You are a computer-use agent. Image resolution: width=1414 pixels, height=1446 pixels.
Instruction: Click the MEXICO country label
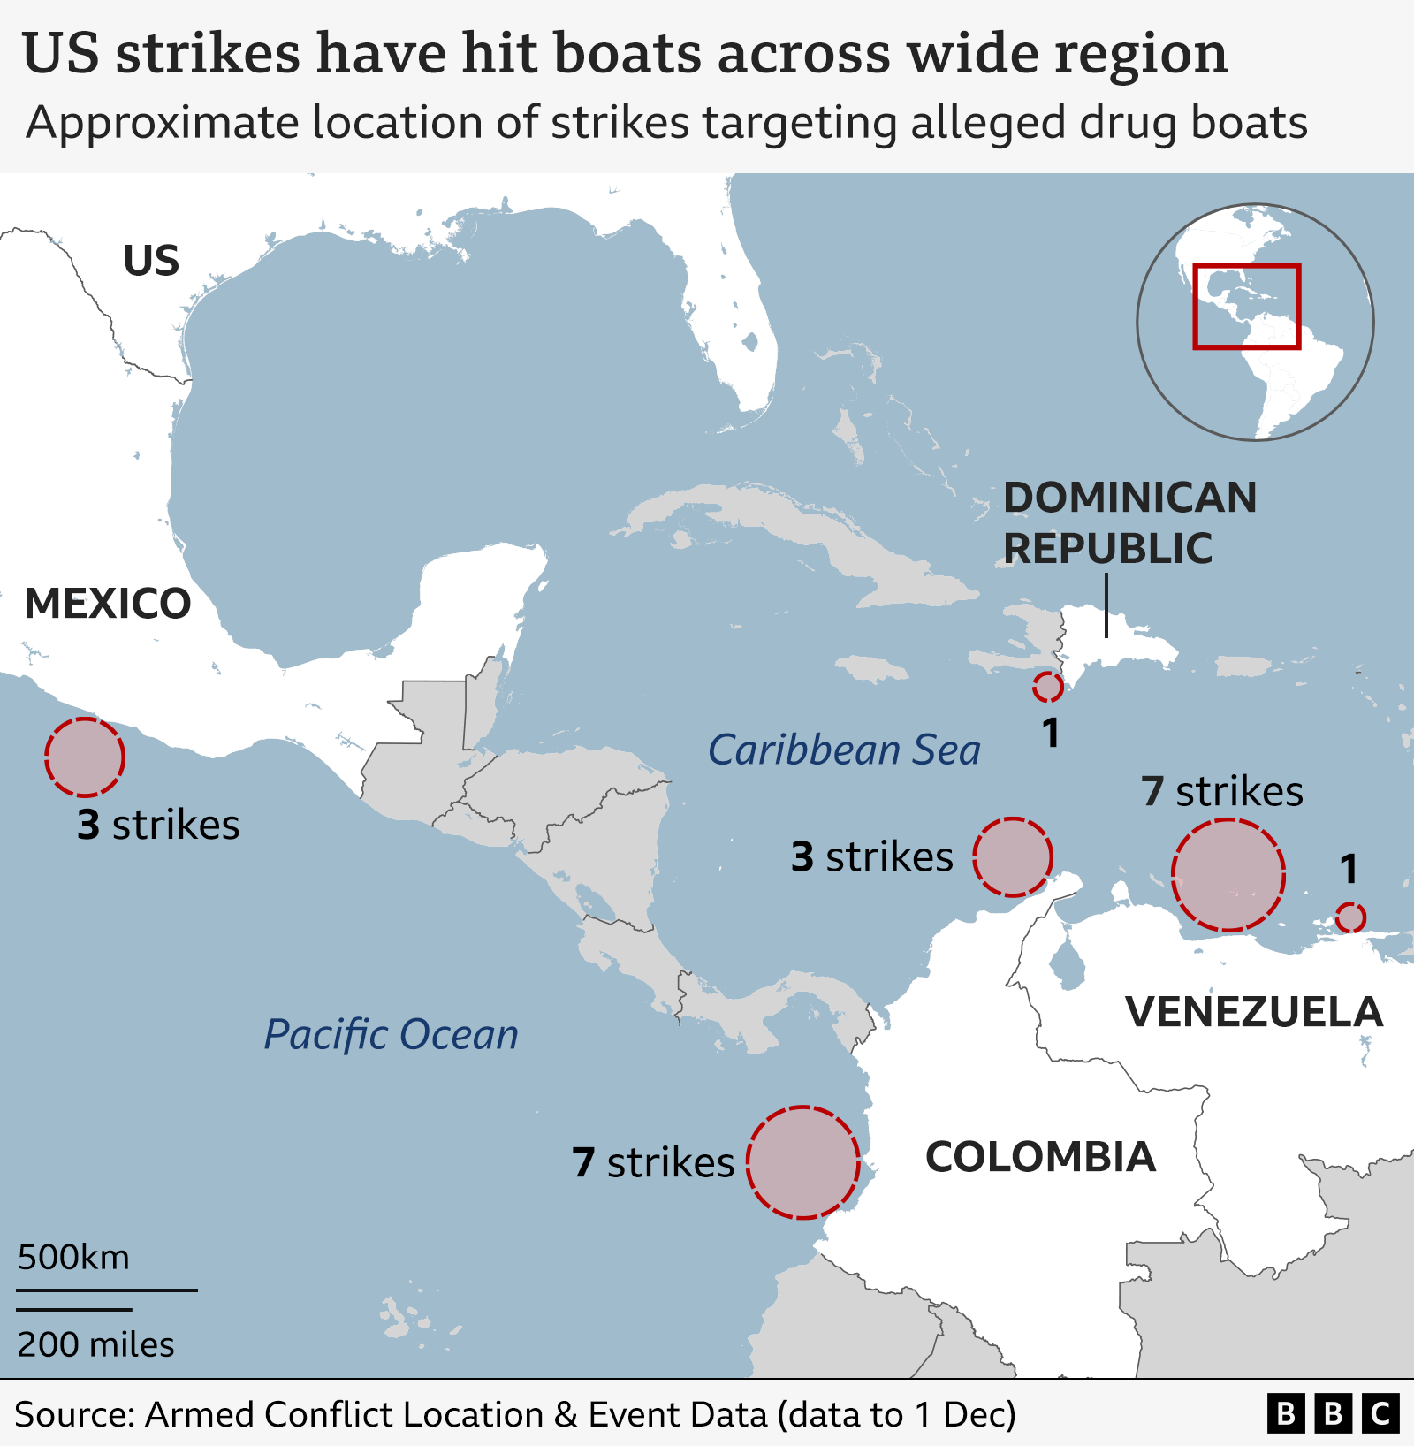[108, 604]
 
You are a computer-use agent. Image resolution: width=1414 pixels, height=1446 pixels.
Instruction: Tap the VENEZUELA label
[1254, 1012]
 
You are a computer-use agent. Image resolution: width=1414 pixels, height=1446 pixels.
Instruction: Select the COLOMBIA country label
[1040, 1157]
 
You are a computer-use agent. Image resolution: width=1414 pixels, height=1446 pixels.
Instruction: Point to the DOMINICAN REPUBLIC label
[1129, 522]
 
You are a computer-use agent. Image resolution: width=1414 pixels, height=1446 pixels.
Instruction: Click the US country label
[151, 261]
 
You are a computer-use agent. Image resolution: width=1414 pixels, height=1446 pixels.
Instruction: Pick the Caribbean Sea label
[844, 750]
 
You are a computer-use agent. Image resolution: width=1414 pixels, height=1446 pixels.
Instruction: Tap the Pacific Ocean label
[392, 1035]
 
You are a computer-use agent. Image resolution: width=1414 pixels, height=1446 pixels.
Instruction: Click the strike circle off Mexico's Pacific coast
[85, 757]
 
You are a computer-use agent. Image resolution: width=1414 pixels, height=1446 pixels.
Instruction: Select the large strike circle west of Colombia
[802, 1162]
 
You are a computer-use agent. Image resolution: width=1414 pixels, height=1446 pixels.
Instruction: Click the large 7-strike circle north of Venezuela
[1228, 875]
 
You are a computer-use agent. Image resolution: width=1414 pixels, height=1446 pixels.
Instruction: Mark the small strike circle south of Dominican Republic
[1047, 687]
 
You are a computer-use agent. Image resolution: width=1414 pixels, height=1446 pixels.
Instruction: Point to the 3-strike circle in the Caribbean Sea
[1013, 856]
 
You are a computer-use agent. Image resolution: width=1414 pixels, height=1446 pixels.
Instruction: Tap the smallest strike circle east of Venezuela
[1350, 917]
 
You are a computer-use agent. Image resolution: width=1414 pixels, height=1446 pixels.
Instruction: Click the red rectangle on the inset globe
[1246, 306]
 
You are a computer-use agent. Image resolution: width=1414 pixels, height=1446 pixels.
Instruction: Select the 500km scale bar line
[107, 1290]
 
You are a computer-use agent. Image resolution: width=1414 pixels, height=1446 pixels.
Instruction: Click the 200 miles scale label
[95, 1345]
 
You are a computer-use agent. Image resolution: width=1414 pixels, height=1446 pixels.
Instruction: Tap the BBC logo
[1333, 1413]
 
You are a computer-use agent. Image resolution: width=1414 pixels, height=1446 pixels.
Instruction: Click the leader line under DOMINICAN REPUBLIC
[1106, 605]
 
